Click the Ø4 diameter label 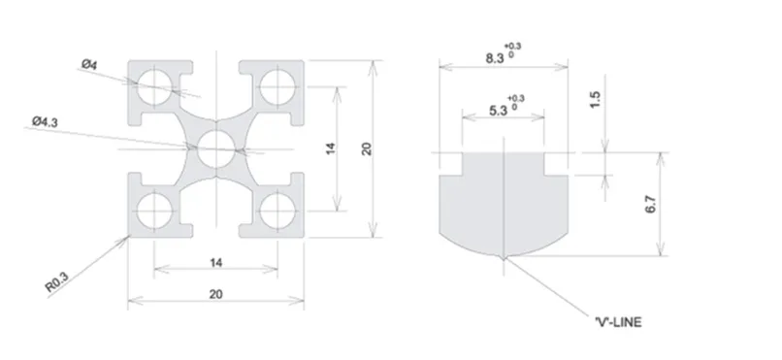coord(89,64)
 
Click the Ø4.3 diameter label coord(45,121)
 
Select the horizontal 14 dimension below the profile coord(216,263)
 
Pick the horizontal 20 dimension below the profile coord(216,294)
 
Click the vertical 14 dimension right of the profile coord(331,148)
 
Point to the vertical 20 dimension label coord(367,148)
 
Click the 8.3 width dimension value coord(495,58)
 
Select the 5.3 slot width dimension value coord(498,111)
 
